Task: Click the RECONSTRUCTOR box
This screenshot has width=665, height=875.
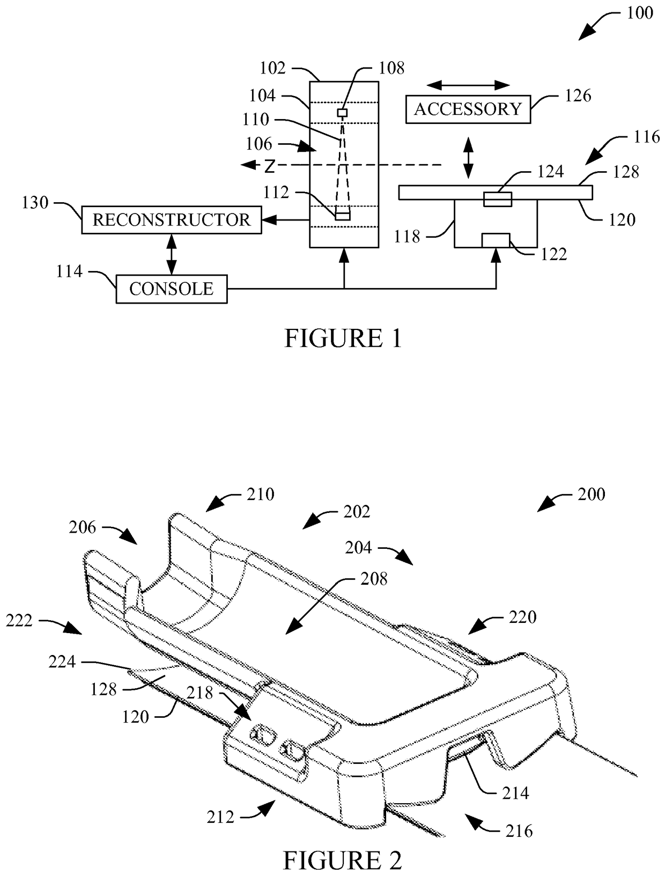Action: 171,219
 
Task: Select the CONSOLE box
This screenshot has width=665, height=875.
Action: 172,289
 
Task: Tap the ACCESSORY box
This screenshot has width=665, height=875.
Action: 468,109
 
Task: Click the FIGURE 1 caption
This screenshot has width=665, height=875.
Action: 343,339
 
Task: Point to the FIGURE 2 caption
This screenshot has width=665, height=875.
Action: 342,862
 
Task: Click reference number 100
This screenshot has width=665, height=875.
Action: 640,13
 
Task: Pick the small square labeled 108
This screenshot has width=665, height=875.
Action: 342,113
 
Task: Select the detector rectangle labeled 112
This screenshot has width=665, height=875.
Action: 342,216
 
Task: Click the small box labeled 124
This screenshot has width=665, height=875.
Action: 498,199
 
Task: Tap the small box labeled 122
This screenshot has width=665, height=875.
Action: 496,240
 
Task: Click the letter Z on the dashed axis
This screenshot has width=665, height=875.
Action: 270,166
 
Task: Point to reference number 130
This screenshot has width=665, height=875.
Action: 35,203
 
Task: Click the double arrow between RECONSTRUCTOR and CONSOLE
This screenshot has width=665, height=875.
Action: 172,254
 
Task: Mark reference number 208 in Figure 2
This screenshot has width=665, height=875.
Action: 373,579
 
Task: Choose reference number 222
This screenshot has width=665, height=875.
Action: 19,621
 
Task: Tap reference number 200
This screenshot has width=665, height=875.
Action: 592,494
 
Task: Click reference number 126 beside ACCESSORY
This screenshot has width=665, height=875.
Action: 578,95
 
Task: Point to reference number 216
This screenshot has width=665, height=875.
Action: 519,831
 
